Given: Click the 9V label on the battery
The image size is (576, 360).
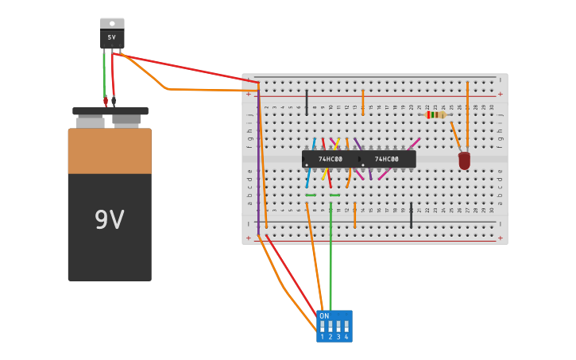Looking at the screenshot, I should click(x=109, y=220).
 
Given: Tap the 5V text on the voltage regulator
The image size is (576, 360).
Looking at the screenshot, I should click(x=112, y=37).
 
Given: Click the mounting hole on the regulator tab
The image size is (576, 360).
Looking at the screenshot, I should click(x=112, y=23).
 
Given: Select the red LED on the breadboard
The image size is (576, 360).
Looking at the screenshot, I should click(x=464, y=161).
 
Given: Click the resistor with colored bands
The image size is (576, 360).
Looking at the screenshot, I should click(x=435, y=114).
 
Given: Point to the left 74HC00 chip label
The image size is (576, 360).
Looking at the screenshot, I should click(x=331, y=159).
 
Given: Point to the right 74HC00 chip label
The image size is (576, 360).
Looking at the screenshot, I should click(x=387, y=159).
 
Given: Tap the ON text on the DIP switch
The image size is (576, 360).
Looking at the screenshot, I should click(x=324, y=316).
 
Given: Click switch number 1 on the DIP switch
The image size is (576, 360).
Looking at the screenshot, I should click(x=323, y=327).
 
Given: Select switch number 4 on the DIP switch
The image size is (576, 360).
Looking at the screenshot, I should click(x=346, y=327).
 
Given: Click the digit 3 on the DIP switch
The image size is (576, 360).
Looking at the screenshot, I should click(x=338, y=337).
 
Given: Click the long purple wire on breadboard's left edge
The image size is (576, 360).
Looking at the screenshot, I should click(x=258, y=151).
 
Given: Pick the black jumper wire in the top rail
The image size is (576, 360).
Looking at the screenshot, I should click(x=307, y=102).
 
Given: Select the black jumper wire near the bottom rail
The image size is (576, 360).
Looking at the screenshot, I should click(x=411, y=215).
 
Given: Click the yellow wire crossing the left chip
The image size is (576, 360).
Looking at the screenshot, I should click(x=336, y=145).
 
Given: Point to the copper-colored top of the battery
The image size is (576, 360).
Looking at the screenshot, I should click(x=110, y=151).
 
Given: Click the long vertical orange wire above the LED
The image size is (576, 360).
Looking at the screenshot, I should click(x=467, y=111).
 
